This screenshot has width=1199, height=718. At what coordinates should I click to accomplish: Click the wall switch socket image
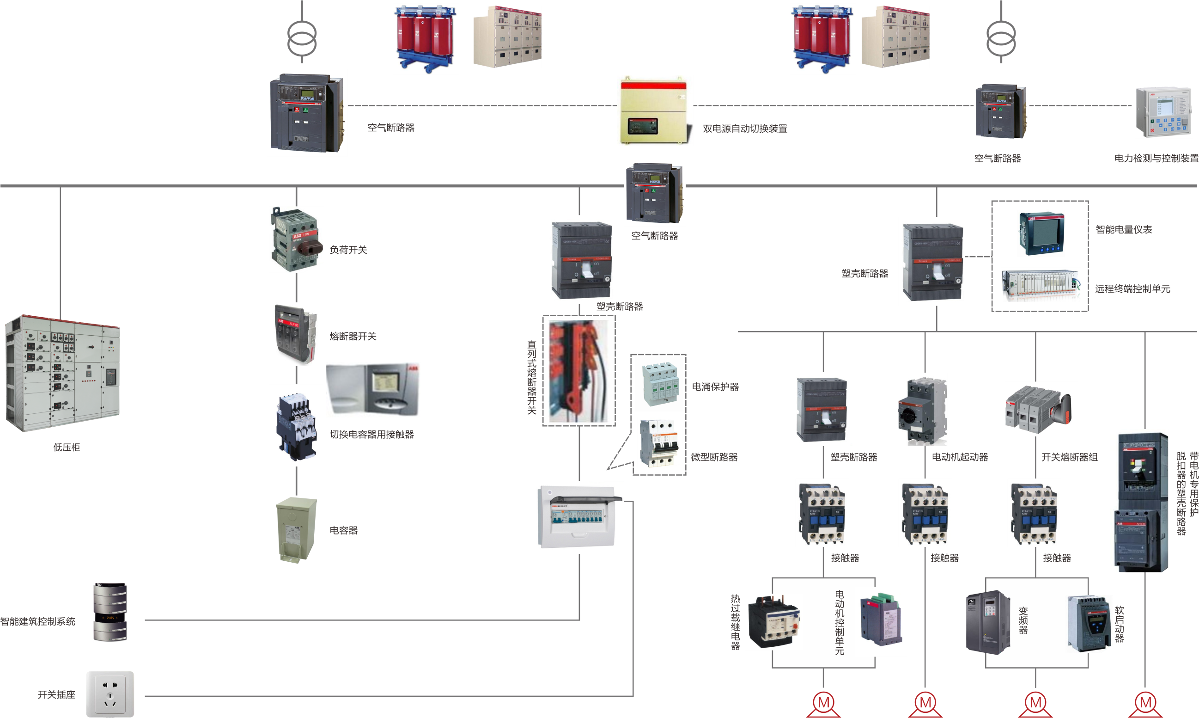(x=110, y=694)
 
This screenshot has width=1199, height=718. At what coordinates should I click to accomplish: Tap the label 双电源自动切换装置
(x=744, y=129)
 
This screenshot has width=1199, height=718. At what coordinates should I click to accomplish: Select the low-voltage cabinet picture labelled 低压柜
(x=62, y=373)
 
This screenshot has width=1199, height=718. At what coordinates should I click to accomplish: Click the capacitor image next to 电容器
(x=296, y=530)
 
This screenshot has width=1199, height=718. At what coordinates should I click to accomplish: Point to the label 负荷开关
(x=348, y=250)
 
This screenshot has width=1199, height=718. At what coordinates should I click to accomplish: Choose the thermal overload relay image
(x=773, y=622)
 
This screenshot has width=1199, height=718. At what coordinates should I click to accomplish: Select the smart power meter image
(x=1041, y=233)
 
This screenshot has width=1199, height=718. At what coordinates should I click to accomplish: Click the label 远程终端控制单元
(x=1132, y=289)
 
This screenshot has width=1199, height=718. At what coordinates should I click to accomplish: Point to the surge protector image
(x=659, y=385)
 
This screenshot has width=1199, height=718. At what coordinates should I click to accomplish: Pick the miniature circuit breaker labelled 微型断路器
(x=658, y=443)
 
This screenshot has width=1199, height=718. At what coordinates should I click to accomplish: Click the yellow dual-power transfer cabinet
(x=654, y=111)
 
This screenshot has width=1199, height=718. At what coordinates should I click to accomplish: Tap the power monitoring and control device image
(x=1162, y=112)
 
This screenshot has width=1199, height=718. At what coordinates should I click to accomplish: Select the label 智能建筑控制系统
(x=38, y=622)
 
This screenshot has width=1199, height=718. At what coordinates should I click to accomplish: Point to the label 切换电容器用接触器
(x=371, y=435)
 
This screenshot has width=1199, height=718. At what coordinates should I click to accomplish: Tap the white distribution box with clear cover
(x=578, y=517)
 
